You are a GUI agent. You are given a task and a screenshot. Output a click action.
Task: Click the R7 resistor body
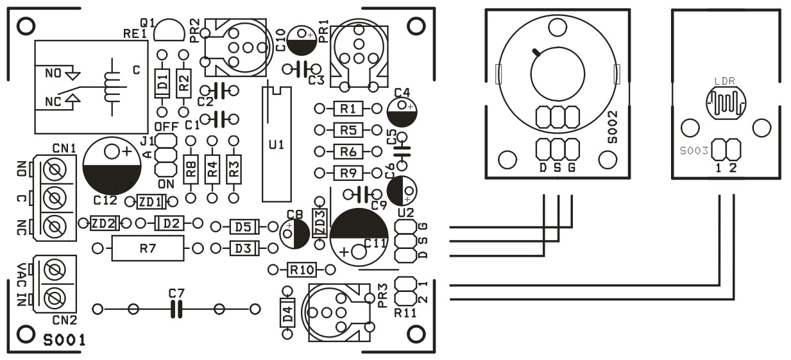pyautogui.click(x=148, y=248)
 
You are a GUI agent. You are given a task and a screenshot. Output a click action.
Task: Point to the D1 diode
pyautogui.click(x=162, y=82)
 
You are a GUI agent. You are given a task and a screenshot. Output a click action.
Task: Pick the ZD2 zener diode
pyautogui.click(x=103, y=223)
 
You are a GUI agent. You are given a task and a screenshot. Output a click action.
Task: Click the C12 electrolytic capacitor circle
pyautogui.click(x=112, y=164)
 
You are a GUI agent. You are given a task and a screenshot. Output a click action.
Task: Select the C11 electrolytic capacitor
pyautogui.click(x=359, y=235)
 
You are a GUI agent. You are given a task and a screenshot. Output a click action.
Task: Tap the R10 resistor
pyautogui.click(x=302, y=270)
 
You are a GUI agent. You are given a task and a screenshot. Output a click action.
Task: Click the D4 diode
pyautogui.click(x=287, y=314)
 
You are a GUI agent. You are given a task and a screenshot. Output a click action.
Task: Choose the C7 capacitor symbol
pyautogui.click(x=176, y=309)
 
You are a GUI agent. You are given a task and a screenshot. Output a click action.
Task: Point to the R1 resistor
pyautogui.click(x=349, y=108)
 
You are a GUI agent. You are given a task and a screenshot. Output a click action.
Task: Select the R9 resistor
pyautogui.click(x=349, y=173)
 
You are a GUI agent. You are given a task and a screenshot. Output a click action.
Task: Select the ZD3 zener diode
pyautogui.click(x=319, y=223)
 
